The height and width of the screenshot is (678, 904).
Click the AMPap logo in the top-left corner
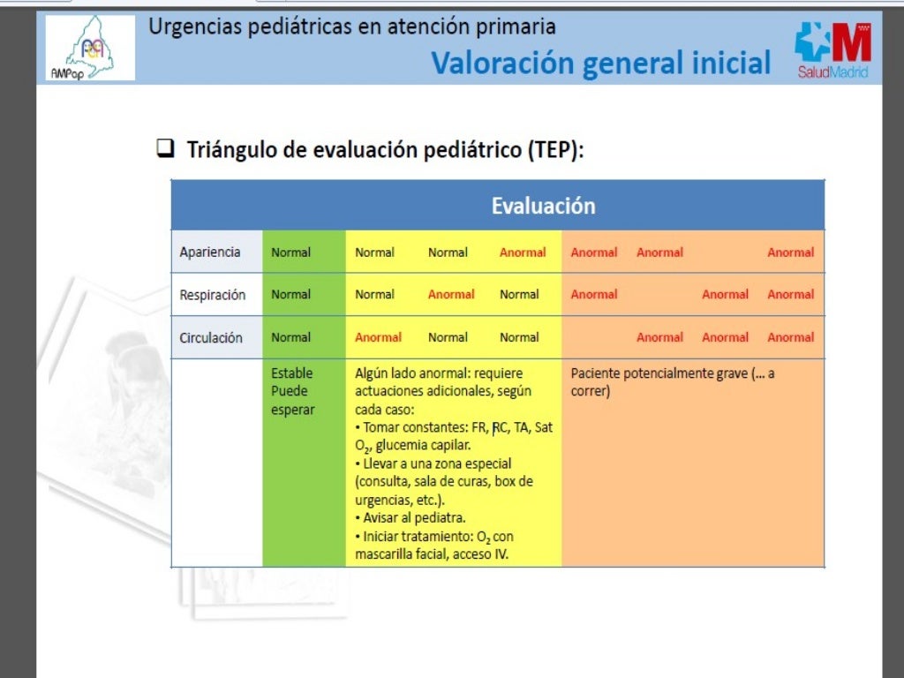90,49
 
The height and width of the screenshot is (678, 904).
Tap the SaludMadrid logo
832,50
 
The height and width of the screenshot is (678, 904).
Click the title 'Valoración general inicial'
600,63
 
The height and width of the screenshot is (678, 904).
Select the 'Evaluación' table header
543,206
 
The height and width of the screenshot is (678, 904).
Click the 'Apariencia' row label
210,252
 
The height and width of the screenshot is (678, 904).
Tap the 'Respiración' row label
212,295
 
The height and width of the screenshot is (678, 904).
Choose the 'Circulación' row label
211,337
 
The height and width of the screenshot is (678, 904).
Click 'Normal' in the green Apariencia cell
290,252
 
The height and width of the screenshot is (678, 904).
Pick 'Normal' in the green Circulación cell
290,337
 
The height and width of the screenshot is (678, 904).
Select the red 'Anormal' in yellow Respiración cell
451,295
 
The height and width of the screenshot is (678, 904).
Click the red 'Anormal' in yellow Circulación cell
378,337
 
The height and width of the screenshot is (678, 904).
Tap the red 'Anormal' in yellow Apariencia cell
523,252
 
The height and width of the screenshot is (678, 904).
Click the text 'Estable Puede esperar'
292,391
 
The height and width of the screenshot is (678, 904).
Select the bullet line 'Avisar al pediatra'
414,518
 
